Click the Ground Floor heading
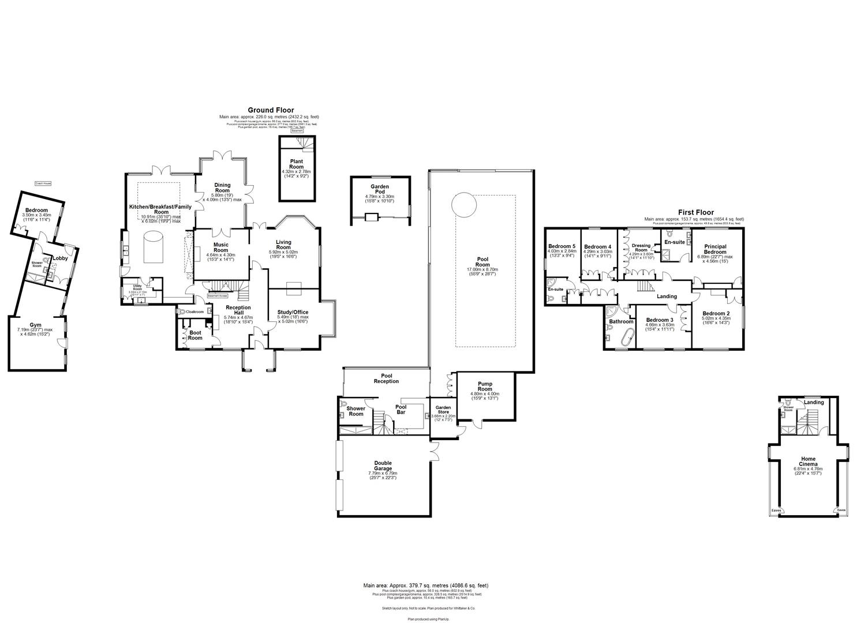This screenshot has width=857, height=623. click(x=271, y=110)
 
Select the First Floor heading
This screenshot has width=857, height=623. click(x=694, y=213)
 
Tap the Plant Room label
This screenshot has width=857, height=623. click(x=296, y=164)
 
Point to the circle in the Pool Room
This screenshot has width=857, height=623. click(x=463, y=205)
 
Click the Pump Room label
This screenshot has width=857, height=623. click(x=485, y=386)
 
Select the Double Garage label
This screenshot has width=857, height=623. click(x=383, y=466)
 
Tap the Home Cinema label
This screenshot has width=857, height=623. click(x=807, y=461)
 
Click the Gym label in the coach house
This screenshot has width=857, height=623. click(x=36, y=326)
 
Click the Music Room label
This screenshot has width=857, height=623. click(x=220, y=247)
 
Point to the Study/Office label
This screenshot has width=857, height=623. click(x=293, y=312)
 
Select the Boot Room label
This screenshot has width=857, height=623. click(x=195, y=335)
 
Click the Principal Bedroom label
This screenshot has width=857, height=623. click(x=715, y=249)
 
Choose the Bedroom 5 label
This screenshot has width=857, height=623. click(x=562, y=246)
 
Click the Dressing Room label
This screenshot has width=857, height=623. click(x=641, y=248)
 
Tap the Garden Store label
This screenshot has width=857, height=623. click(x=443, y=409)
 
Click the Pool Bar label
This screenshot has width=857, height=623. click(x=401, y=410)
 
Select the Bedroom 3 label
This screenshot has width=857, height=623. click(x=660, y=320)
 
